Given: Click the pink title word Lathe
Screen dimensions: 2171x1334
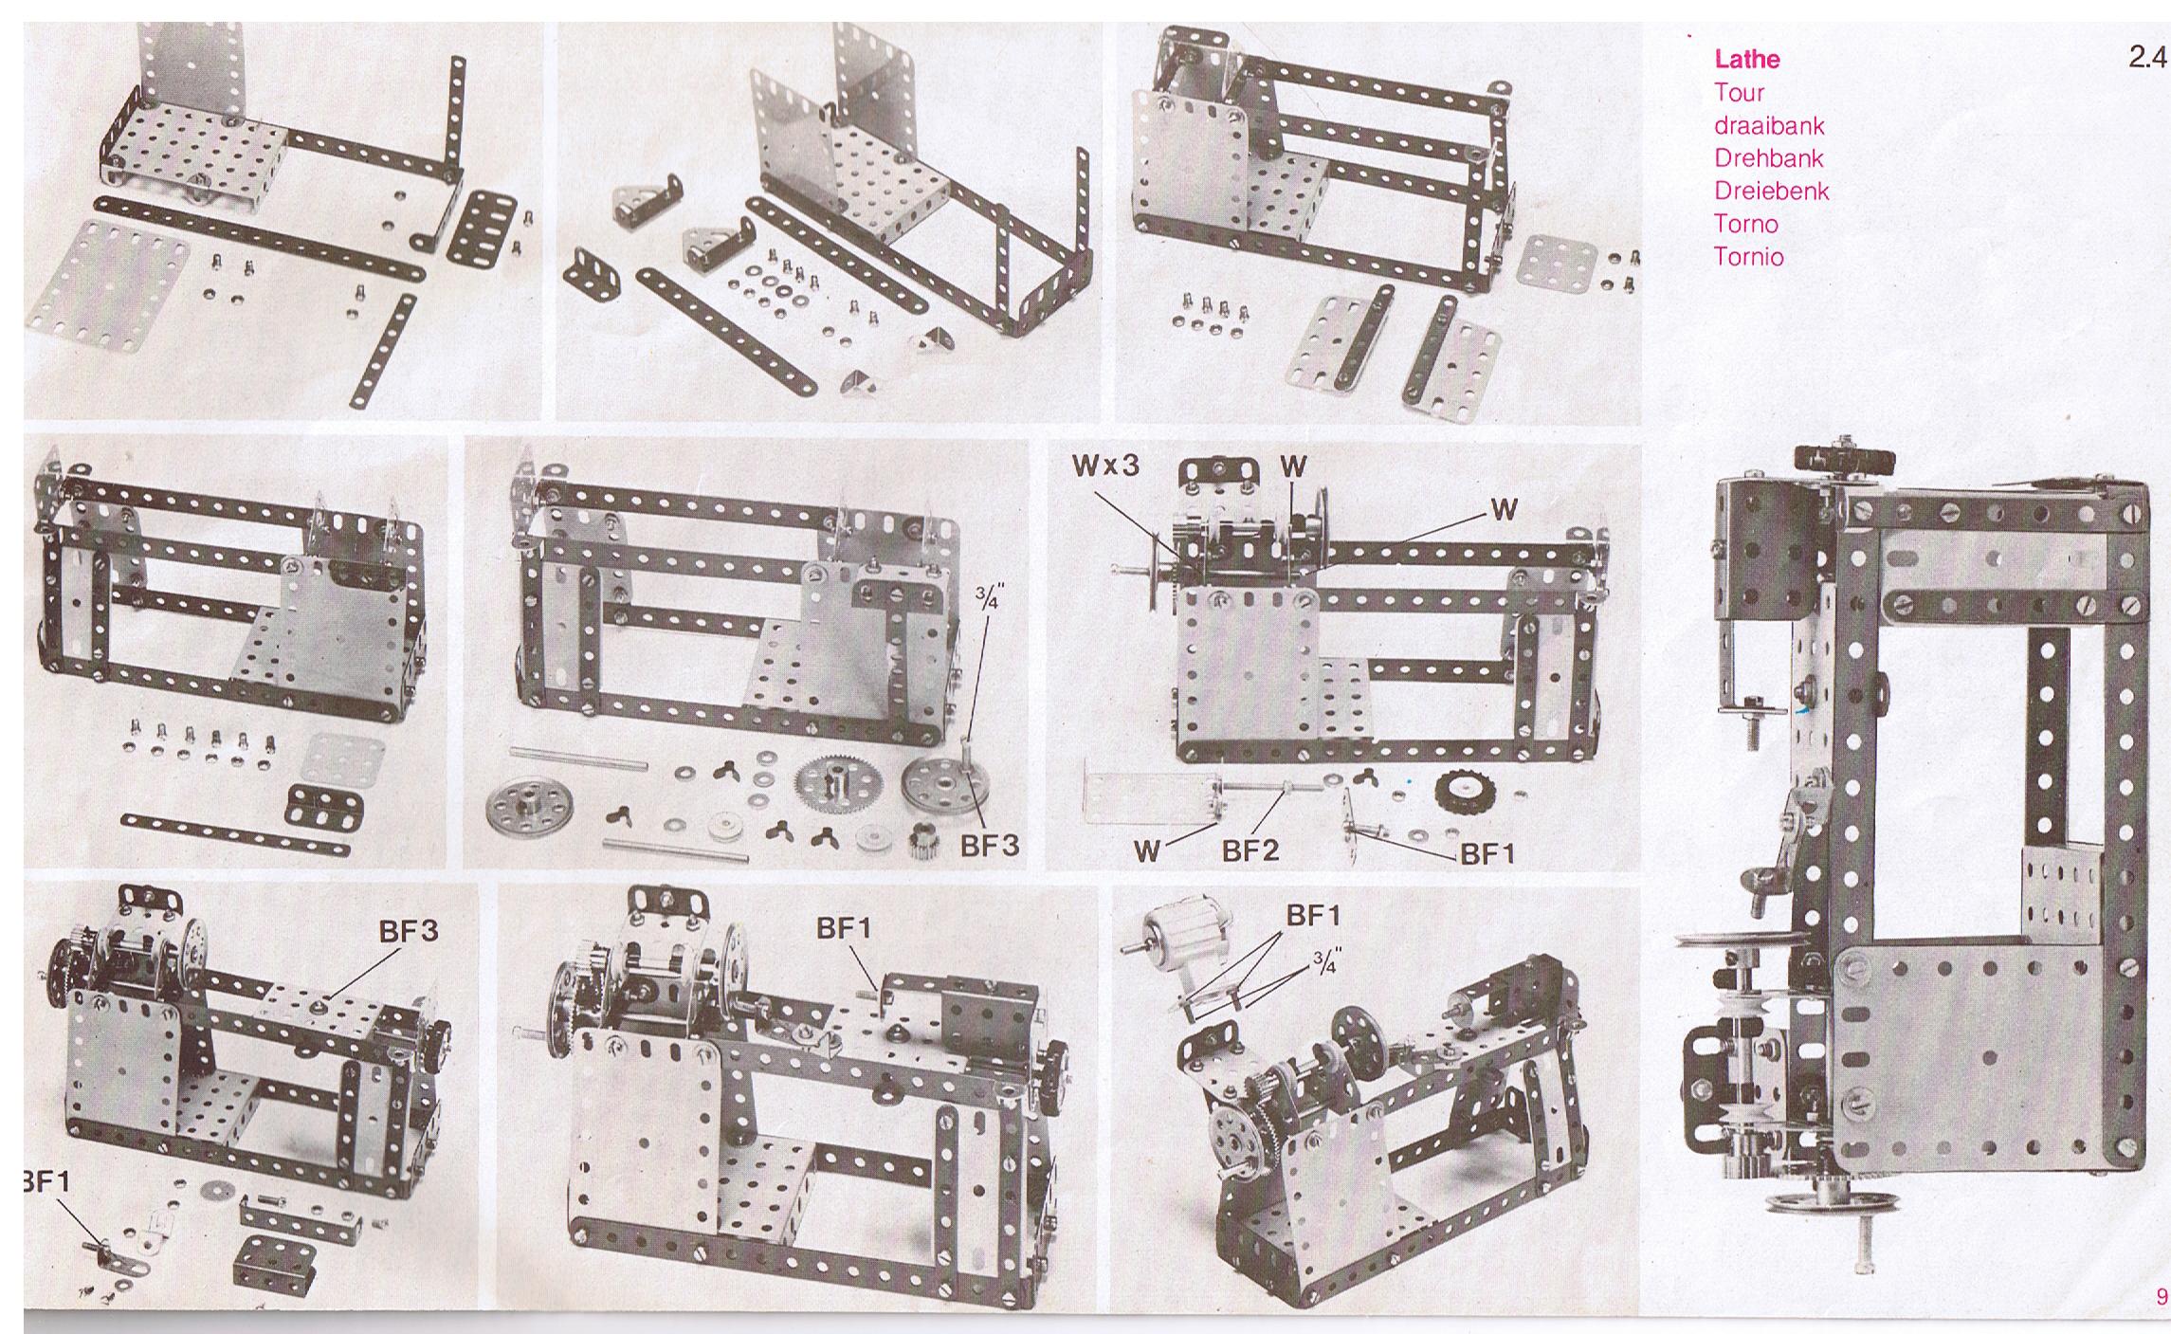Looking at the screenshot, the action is pyautogui.click(x=1746, y=59).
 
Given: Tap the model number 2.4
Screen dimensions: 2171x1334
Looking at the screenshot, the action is pyautogui.click(x=2147, y=57).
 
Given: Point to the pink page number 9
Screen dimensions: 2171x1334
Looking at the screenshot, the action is pyautogui.click(x=2162, y=1296).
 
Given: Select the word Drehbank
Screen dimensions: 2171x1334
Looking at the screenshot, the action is pyautogui.click(x=1768, y=157).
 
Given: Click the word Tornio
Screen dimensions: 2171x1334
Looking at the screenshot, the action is pyautogui.click(x=1748, y=256).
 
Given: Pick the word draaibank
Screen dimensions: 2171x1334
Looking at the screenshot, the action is pyautogui.click(x=1769, y=125).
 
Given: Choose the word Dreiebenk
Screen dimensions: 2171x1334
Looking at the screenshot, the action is pyautogui.click(x=1771, y=191).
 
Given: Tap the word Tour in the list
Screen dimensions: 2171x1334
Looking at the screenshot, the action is pyautogui.click(x=1739, y=92).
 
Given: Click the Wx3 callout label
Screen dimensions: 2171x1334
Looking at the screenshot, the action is pyautogui.click(x=1105, y=466).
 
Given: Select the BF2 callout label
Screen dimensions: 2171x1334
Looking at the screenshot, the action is pyautogui.click(x=1250, y=850).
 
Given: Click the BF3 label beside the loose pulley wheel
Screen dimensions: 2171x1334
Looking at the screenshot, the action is pyautogui.click(x=989, y=845).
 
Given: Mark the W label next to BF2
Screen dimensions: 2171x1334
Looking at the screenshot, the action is pyautogui.click(x=1147, y=850).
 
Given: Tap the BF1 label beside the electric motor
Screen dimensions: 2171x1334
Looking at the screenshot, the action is pyautogui.click(x=1314, y=916).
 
